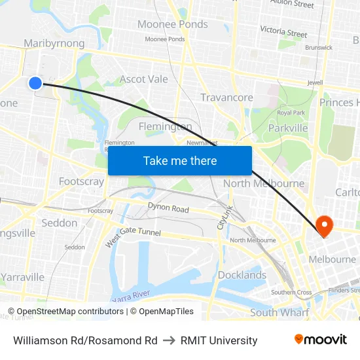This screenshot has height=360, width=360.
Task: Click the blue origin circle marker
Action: pyautogui.click(x=35, y=82)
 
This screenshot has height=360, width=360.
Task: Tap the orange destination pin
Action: pyautogui.click(x=324, y=226)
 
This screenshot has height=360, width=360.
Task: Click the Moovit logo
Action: pyautogui.click(x=320, y=339)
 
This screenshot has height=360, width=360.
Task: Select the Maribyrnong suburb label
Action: pyautogui.click(x=54, y=43)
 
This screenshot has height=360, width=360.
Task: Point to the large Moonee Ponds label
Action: pyautogui.click(x=172, y=24)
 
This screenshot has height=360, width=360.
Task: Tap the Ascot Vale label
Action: pyautogui.click(x=143, y=79)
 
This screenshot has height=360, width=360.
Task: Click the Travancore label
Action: pyautogui.click(x=226, y=98)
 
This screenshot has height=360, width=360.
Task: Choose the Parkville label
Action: pyautogui.click(x=287, y=128)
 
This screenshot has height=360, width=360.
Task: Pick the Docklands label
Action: pyautogui.click(x=242, y=275)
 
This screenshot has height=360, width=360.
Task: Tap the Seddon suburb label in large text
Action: pyautogui.click(x=59, y=223)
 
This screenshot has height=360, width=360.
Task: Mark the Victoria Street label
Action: pyautogui.click(x=283, y=32)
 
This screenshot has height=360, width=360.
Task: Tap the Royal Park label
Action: pyautogui.click(x=291, y=113)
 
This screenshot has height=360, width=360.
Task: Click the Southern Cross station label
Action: pyautogui.click(x=291, y=292)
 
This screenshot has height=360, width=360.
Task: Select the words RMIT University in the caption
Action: pyautogui.click(x=219, y=340)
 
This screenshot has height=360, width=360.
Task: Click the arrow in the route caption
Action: pyautogui.click(x=169, y=340)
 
